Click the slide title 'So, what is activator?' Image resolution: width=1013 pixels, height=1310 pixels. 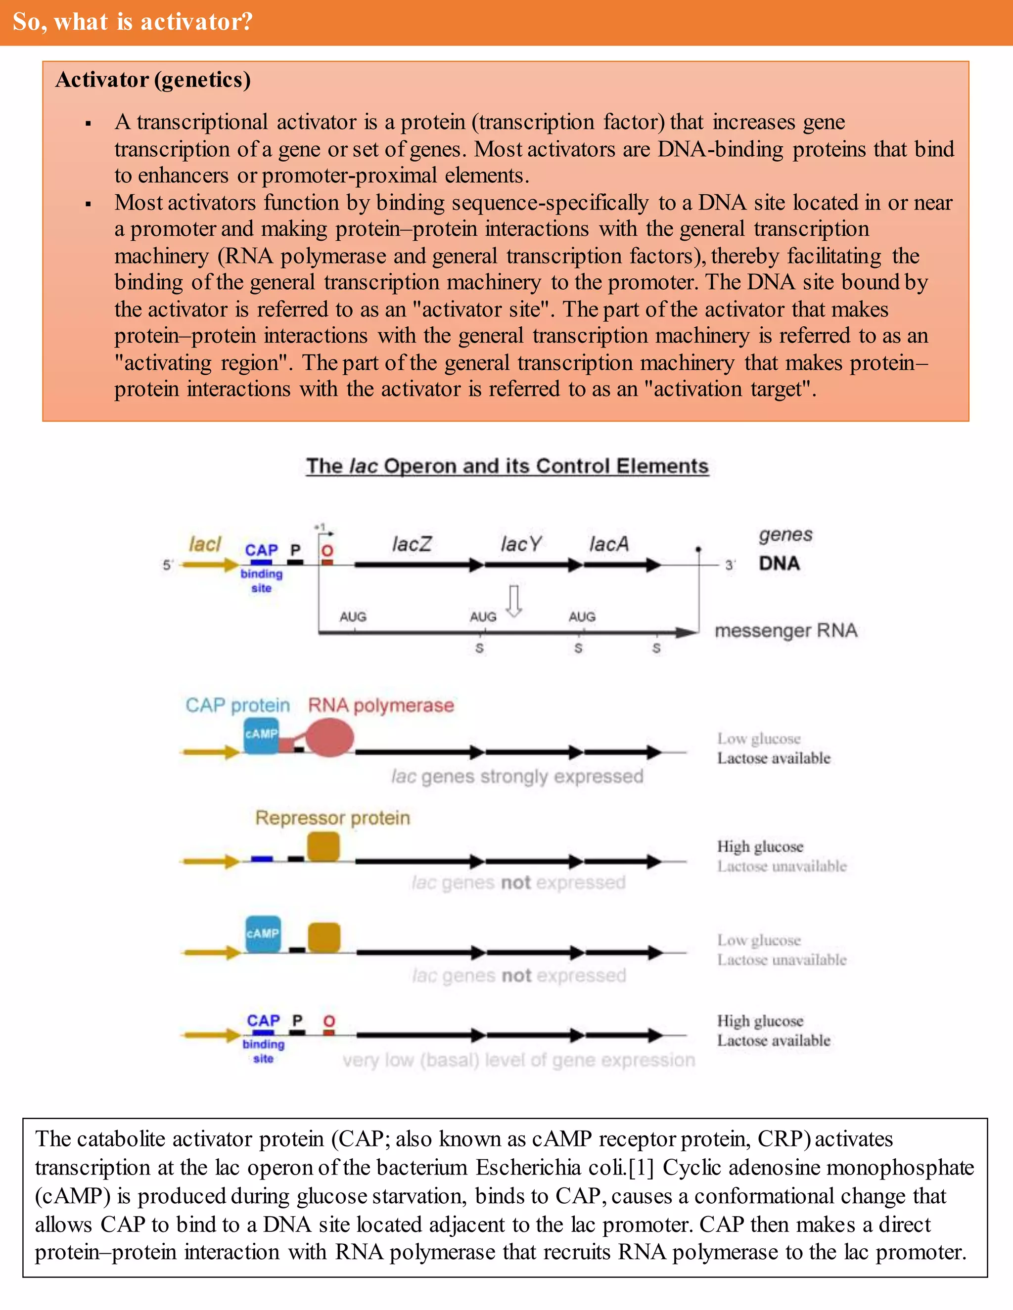point(133,22)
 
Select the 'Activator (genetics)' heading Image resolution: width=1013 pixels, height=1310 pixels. point(153,80)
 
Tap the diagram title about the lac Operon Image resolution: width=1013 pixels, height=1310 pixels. point(507,466)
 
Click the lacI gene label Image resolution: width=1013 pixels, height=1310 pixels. point(205,544)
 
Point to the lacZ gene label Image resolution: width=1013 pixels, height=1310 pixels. point(412,544)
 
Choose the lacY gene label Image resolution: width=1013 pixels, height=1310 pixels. point(521,544)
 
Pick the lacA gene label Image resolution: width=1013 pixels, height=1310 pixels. point(609,544)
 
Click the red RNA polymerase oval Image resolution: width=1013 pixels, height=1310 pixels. point(329,737)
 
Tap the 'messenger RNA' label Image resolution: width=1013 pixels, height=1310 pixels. point(785,630)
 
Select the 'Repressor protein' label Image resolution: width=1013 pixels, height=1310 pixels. point(332,818)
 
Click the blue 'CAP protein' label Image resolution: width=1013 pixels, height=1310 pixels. point(237,705)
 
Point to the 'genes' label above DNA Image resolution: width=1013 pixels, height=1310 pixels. point(785,534)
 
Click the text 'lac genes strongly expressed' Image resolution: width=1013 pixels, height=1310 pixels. point(517,777)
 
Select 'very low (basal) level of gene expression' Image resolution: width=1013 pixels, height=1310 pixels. point(518,1060)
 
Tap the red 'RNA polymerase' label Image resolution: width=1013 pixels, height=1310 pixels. point(381,705)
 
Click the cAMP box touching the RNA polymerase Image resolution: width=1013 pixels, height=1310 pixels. point(261,735)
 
